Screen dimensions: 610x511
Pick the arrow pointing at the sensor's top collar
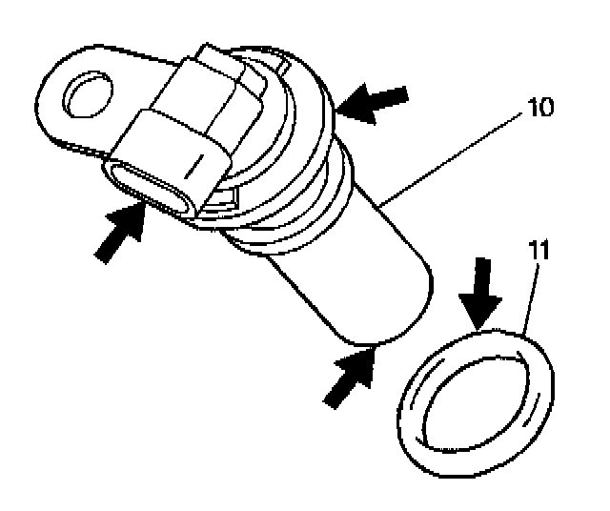tap(375, 103)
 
